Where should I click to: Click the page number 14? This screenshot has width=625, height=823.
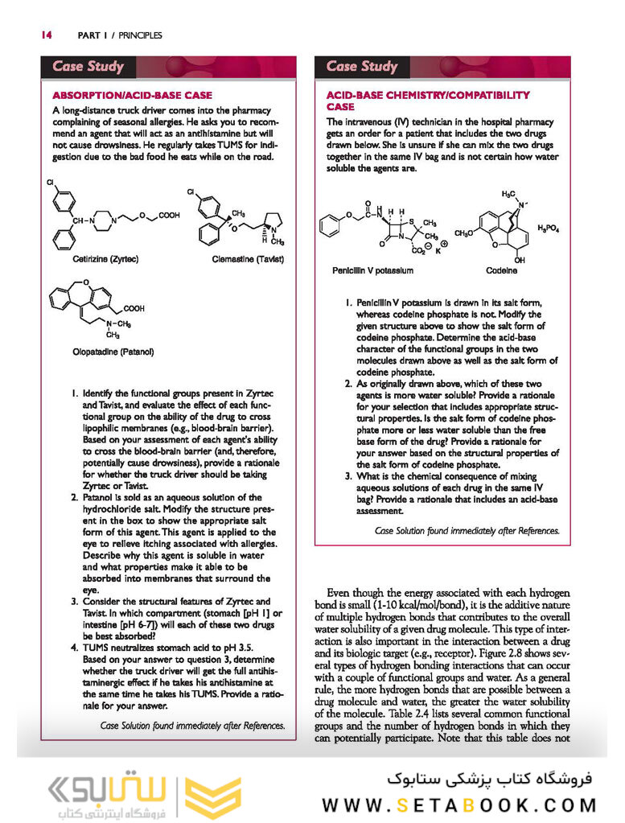(46, 35)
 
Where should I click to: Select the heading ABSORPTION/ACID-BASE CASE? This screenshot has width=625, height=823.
(133, 95)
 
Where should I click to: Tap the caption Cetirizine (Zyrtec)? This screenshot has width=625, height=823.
(105, 260)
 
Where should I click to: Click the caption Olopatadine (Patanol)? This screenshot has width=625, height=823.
(113, 352)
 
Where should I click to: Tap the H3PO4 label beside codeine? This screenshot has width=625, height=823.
(549, 228)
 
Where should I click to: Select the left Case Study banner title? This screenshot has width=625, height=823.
(88, 67)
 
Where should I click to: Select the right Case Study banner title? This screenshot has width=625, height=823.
(362, 67)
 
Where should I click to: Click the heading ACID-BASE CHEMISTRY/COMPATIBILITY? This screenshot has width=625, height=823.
(427, 95)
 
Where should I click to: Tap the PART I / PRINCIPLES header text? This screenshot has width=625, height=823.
(120, 35)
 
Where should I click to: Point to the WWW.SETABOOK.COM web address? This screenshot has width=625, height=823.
(459, 804)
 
